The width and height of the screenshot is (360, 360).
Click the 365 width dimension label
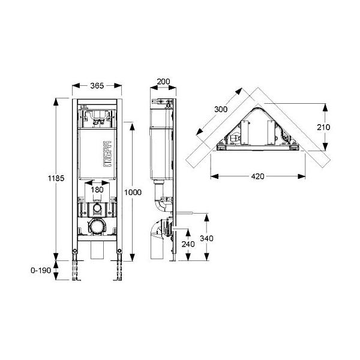[97, 86]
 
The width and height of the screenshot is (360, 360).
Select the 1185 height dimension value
[56, 178]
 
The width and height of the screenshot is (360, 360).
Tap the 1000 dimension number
[133, 192]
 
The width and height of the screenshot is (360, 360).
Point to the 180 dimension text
[97, 190]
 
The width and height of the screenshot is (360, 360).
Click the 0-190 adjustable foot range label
[41, 270]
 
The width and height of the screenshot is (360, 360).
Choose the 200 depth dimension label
[163, 81]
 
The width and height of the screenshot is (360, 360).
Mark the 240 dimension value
[188, 244]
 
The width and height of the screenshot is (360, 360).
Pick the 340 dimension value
[206, 238]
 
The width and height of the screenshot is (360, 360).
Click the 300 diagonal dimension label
[221, 109]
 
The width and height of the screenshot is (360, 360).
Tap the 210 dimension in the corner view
[323, 127]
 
